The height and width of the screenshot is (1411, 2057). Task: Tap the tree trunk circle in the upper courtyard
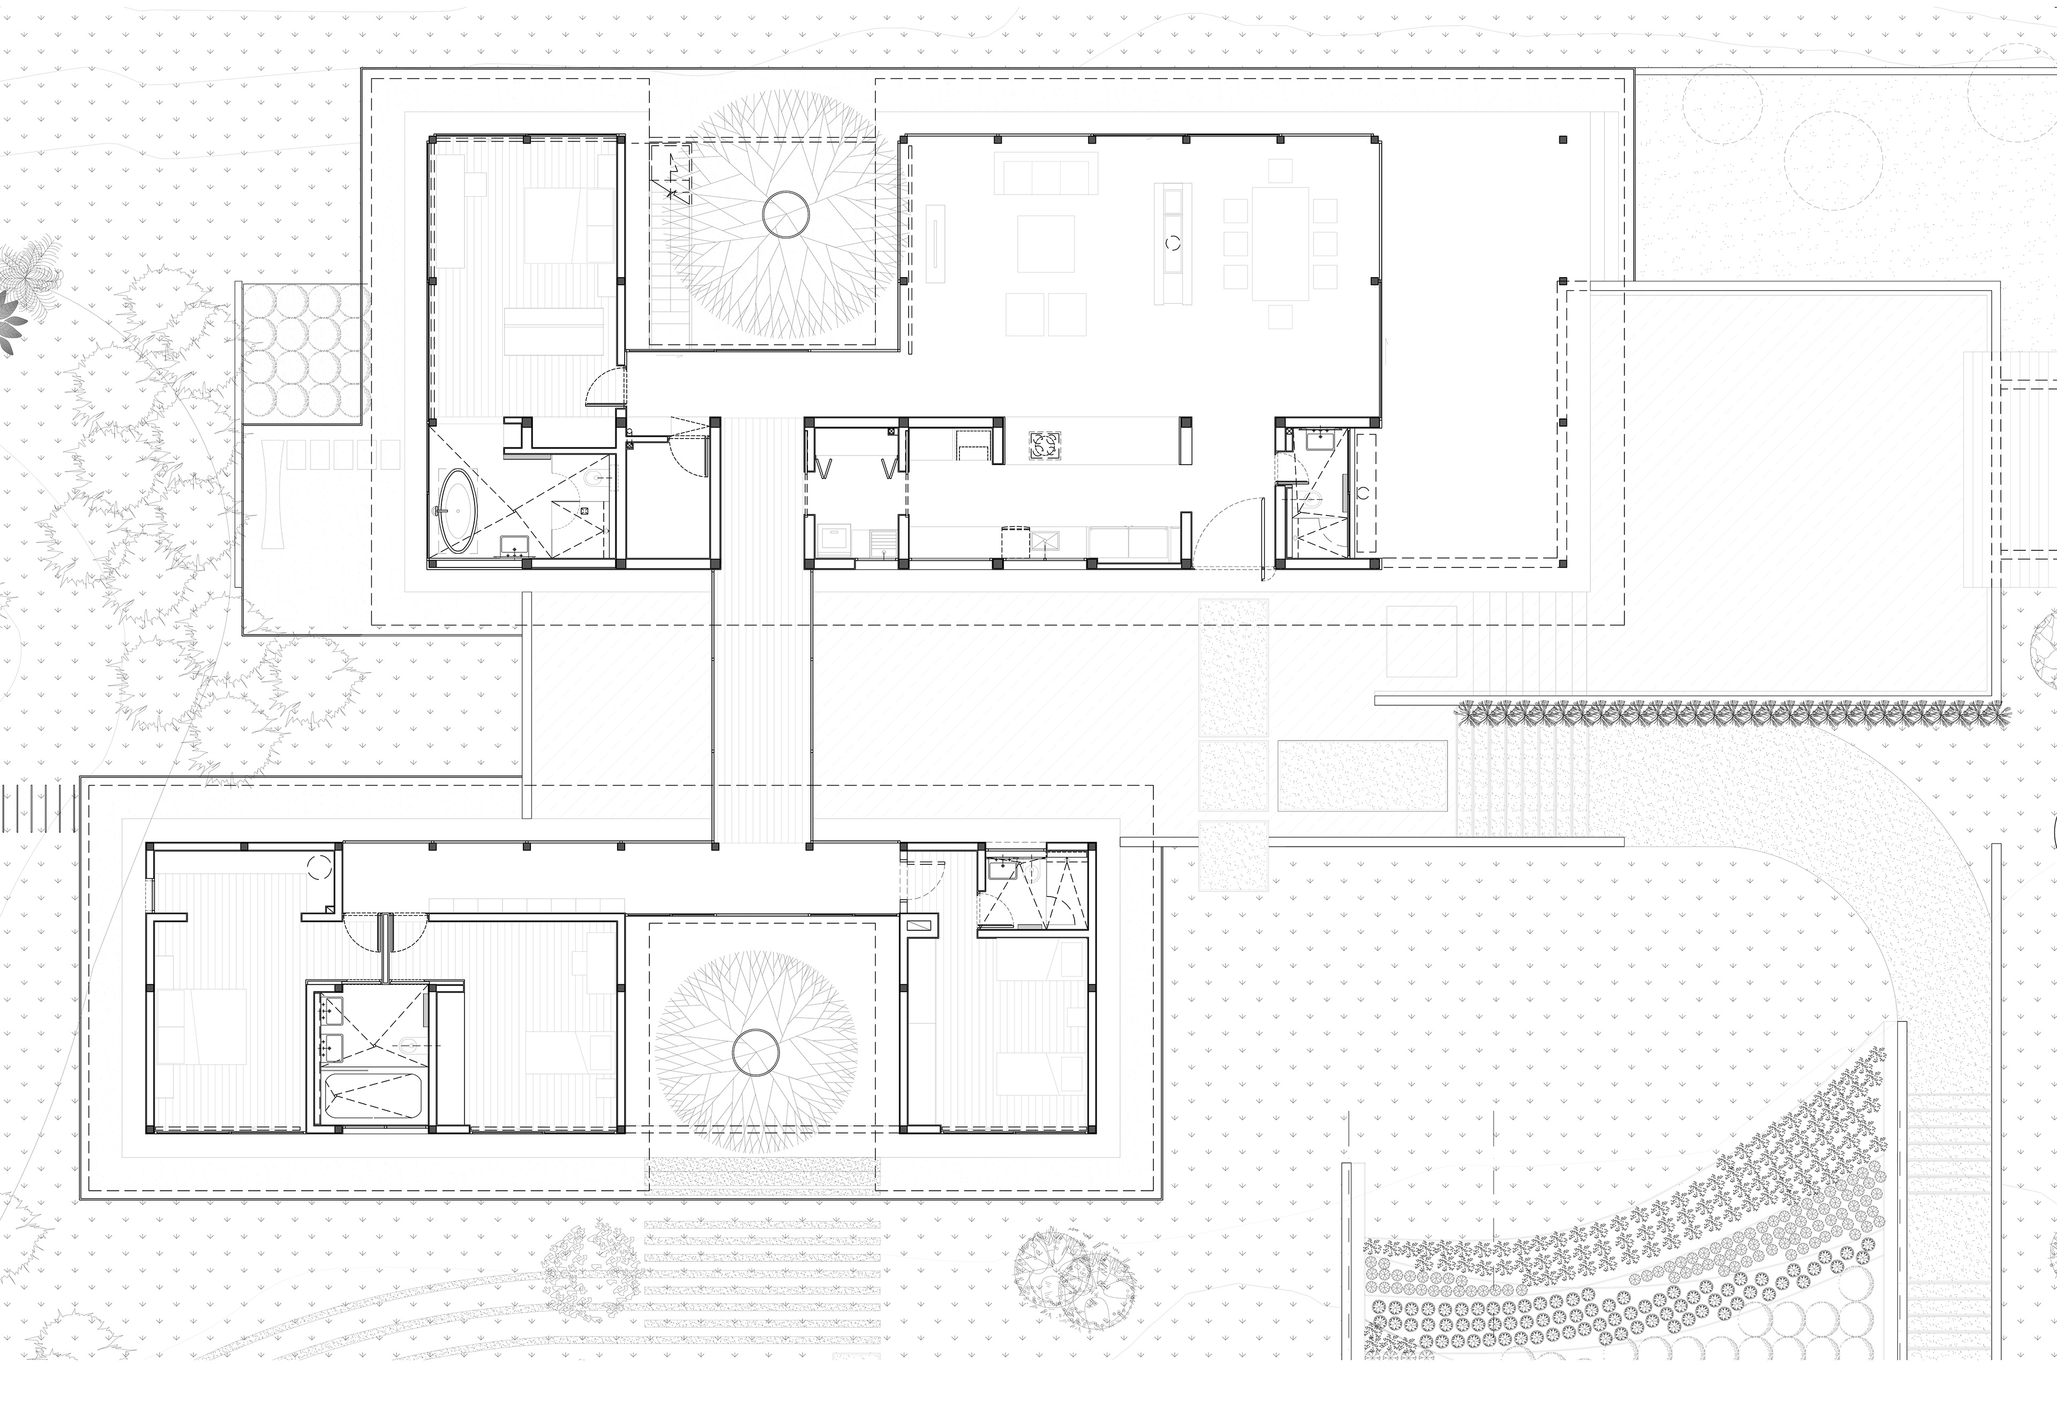785,215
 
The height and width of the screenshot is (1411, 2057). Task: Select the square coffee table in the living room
1045,243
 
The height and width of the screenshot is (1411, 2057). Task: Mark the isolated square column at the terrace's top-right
1562,140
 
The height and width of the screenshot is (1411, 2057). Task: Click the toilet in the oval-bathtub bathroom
595,481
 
